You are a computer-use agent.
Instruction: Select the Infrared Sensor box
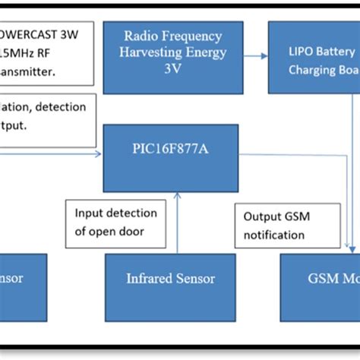coord(170,278)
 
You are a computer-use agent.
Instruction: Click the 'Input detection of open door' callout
coord(114,223)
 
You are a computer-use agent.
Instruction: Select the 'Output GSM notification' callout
coord(282,226)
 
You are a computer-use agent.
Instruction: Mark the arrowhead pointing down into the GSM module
coord(350,248)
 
